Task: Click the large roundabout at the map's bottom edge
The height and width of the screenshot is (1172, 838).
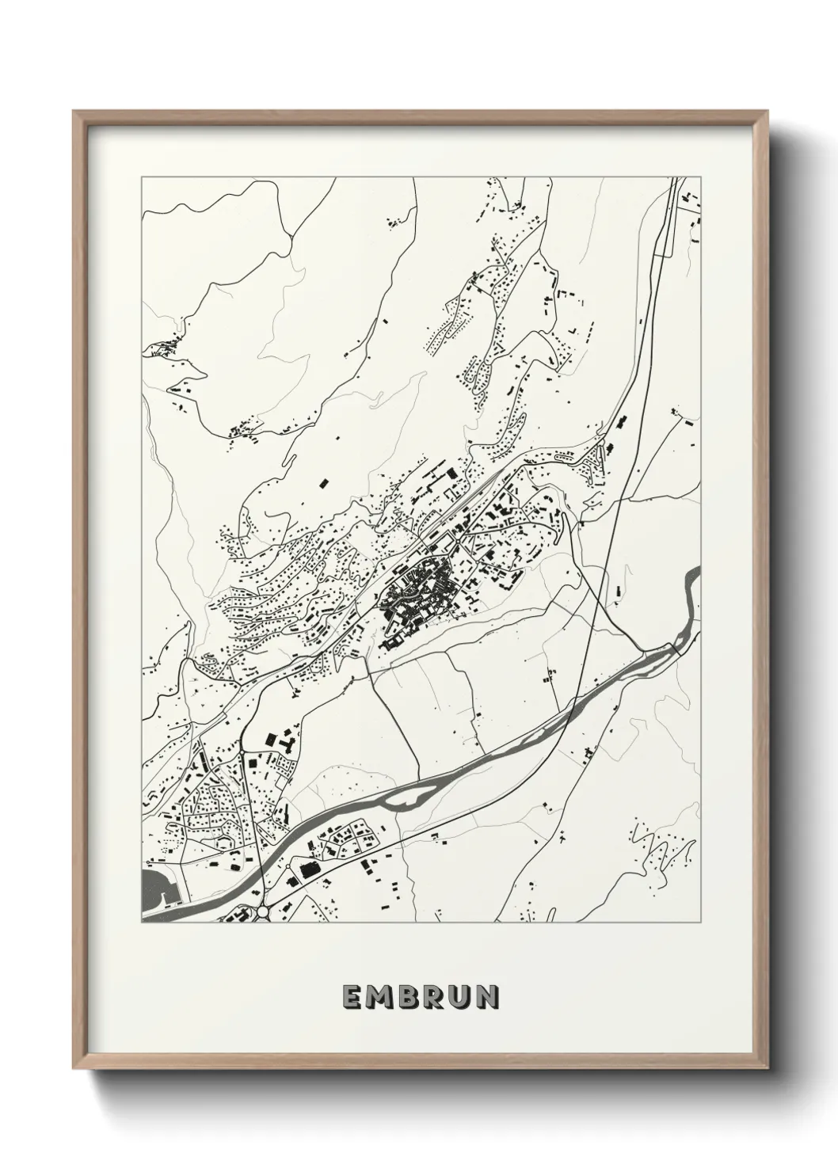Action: click(262, 913)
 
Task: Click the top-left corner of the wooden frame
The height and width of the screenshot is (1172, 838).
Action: click(75, 113)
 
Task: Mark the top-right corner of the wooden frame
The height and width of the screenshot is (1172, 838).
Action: click(761, 113)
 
